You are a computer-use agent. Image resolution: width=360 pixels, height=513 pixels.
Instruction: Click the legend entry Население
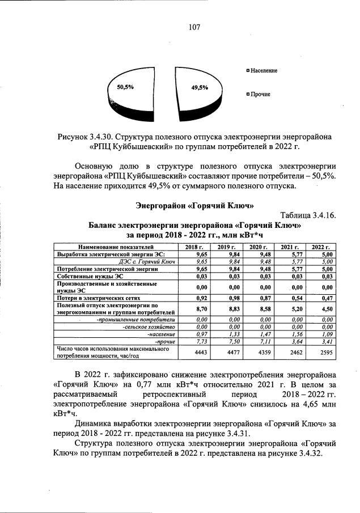click(x=264, y=70)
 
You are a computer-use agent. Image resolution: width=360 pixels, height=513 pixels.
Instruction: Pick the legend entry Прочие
click(x=260, y=94)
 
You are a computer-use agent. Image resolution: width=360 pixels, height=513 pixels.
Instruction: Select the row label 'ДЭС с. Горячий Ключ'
click(x=146, y=262)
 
